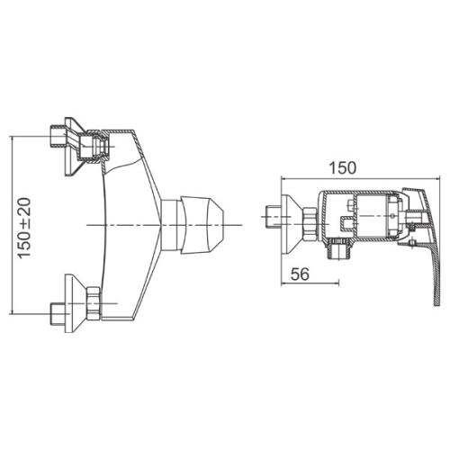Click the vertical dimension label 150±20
point(24,228)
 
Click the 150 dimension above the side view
point(343,168)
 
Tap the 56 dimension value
point(300,274)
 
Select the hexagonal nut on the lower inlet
point(94,303)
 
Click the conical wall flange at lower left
point(75,303)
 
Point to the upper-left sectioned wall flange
point(74,146)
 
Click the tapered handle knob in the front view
point(202,225)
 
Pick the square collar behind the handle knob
point(171,225)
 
